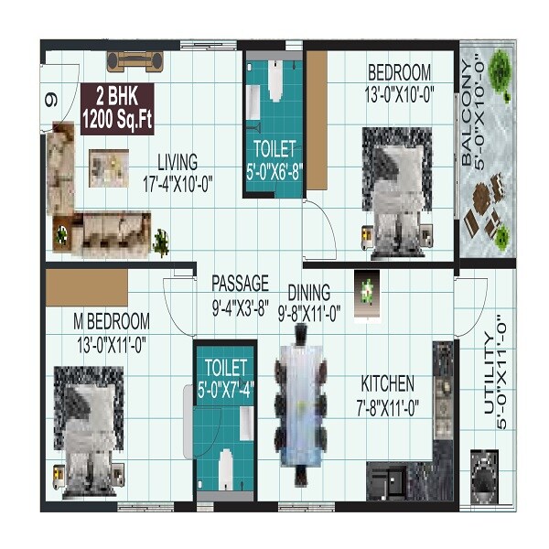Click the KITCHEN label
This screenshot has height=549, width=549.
coord(387,383)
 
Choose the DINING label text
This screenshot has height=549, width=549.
coord(308,293)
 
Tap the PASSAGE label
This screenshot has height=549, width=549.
coord(240,282)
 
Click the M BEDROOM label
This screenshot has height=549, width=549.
coord(111,322)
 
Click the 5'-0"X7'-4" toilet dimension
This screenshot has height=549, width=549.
coord(225,387)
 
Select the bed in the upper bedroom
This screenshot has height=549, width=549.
coord(396,188)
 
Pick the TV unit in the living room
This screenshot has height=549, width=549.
coord(135,61)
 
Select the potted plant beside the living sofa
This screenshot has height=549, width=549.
coord(161,241)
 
